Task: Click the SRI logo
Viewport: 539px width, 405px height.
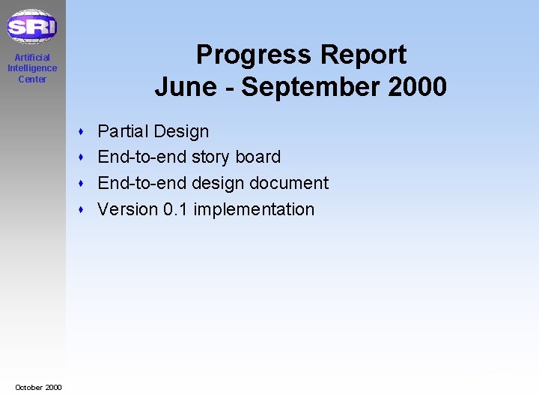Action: pyautogui.click(x=31, y=28)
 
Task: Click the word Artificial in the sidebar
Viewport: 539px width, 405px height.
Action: pyautogui.click(x=32, y=58)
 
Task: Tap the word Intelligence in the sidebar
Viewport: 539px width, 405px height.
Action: pyautogui.click(x=32, y=68)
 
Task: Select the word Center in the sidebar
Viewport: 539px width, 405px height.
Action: pyautogui.click(x=32, y=79)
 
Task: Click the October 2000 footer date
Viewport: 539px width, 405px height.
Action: pyautogui.click(x=38, y=387)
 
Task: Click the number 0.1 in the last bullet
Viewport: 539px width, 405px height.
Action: pyautogui.click(x=175, y=209)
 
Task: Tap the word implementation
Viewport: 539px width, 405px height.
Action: pyautogui.click(x=254, y=210)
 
